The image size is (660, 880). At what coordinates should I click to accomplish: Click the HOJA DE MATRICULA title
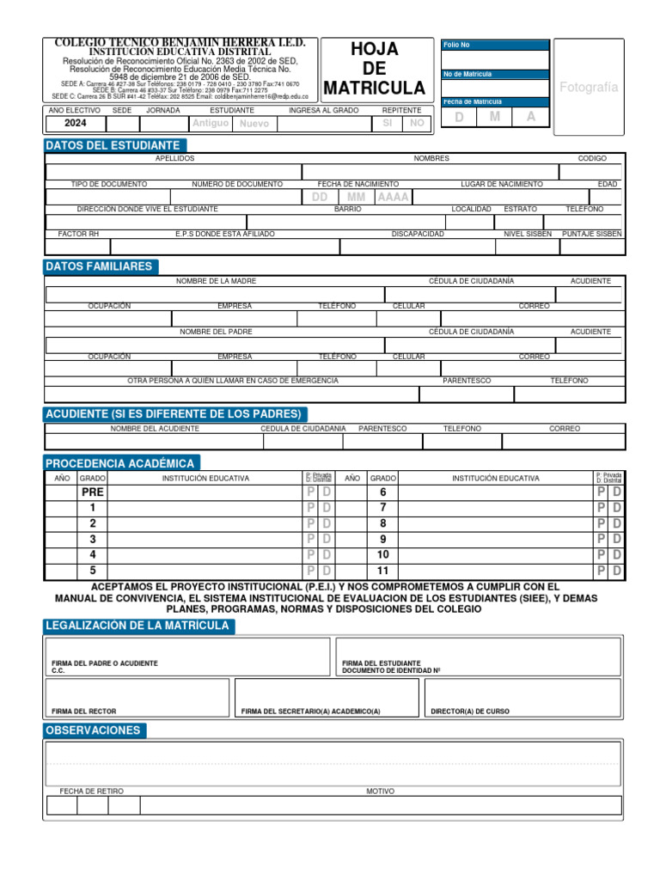coord(375,69)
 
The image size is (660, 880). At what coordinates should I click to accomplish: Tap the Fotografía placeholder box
coord(589,88)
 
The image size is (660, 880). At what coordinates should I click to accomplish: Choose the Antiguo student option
coord(211,123)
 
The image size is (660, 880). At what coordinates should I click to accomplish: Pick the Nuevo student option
coord(254,124)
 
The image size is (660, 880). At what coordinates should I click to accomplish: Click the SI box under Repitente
coord(387,123)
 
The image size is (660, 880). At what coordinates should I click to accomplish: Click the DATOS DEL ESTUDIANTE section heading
coord(113,145)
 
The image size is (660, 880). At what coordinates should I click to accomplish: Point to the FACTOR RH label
coord(78,234)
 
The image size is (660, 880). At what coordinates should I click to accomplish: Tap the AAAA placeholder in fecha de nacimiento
coord(394,197)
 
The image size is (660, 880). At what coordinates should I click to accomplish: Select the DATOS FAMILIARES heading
coord(99,266)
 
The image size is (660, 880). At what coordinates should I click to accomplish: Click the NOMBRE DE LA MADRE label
coord(216,281)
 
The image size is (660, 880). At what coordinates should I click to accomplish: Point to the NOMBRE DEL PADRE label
coord(216,331)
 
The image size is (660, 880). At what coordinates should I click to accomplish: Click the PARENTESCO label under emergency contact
coord(467,380)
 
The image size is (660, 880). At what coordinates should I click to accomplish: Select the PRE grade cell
coord(92,492)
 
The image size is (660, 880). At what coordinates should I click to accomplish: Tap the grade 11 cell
coord(383,571)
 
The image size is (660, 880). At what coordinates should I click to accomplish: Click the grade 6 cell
coord(383,492)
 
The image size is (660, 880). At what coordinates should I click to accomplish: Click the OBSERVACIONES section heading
coord(95,730)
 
